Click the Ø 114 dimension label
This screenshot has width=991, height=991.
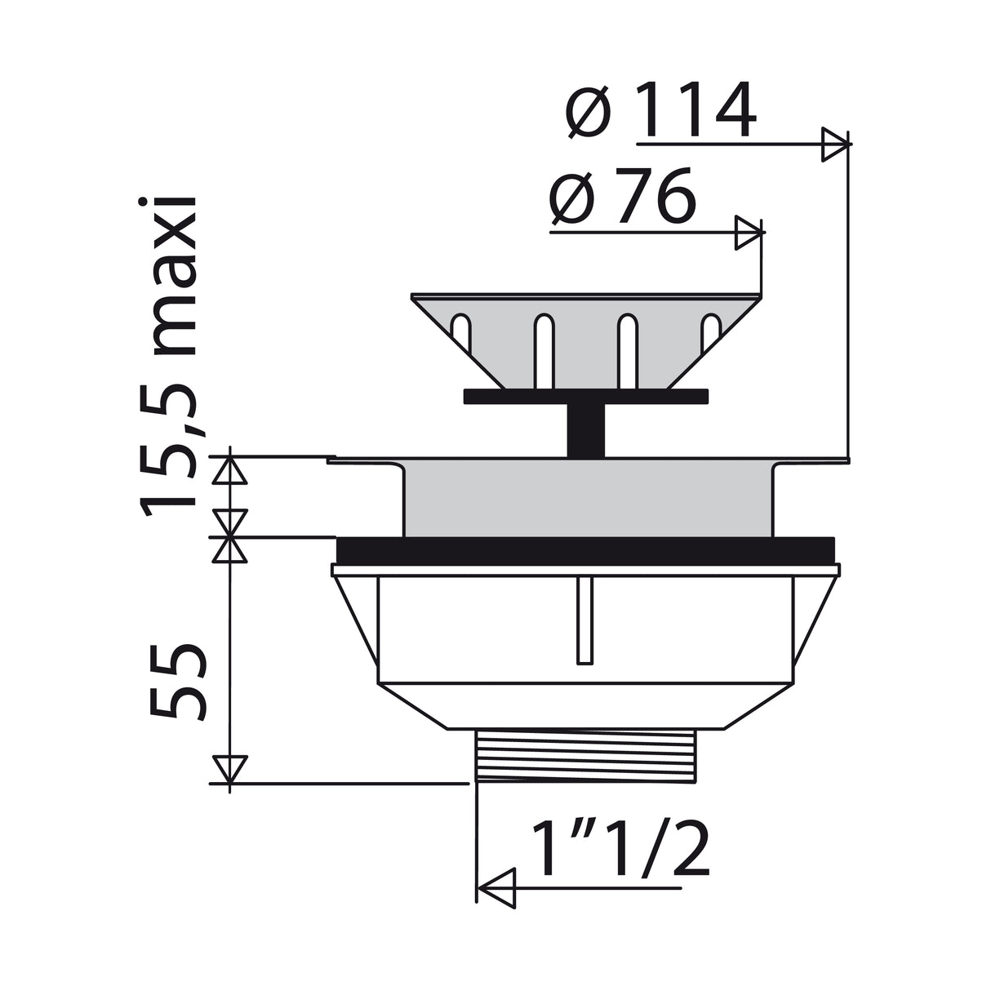tap(660, 111)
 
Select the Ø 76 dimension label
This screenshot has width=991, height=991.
tap(622, 198)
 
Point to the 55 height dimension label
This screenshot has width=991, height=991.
tap(175, 680)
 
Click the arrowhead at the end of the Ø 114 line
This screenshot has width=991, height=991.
tap(834, 144)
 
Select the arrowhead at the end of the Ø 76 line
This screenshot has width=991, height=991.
tap(749, 233)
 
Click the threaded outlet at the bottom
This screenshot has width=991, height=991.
tap(584, 756)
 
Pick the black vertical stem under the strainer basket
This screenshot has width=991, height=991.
tap(585, 429)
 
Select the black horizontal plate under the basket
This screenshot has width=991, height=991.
tap(584, 397)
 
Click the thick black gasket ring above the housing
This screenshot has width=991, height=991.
tap(584, 549)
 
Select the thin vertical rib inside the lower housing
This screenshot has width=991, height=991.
tap(581, 621)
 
